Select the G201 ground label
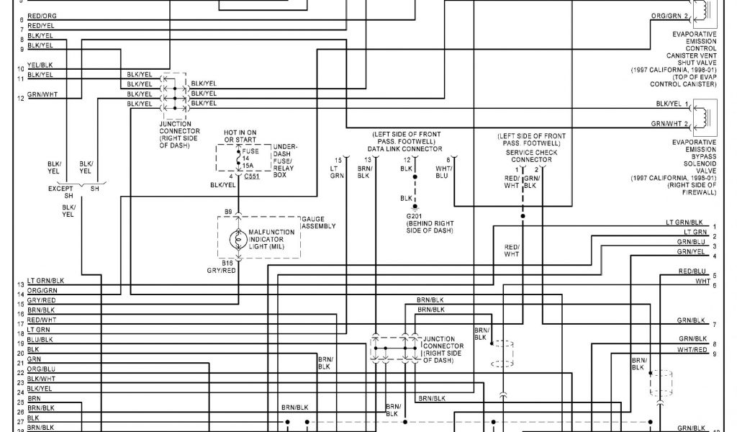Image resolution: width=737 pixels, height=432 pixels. click(415, 216)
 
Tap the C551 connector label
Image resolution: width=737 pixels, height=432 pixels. click(252, 175)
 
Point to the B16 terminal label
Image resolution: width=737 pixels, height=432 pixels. click(227, 264)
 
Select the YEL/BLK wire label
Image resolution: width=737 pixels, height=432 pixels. click(40, 66)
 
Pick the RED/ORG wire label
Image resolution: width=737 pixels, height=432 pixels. click(42, 16)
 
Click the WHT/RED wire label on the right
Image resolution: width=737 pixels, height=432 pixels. click(692, 349)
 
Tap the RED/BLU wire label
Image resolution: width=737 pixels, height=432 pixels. click(693, 271)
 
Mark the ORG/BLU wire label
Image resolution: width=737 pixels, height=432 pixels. click(42, 369)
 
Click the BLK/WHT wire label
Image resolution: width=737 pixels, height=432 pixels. click(41, 379)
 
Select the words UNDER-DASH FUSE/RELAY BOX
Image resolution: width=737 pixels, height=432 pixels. click(285, 161)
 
